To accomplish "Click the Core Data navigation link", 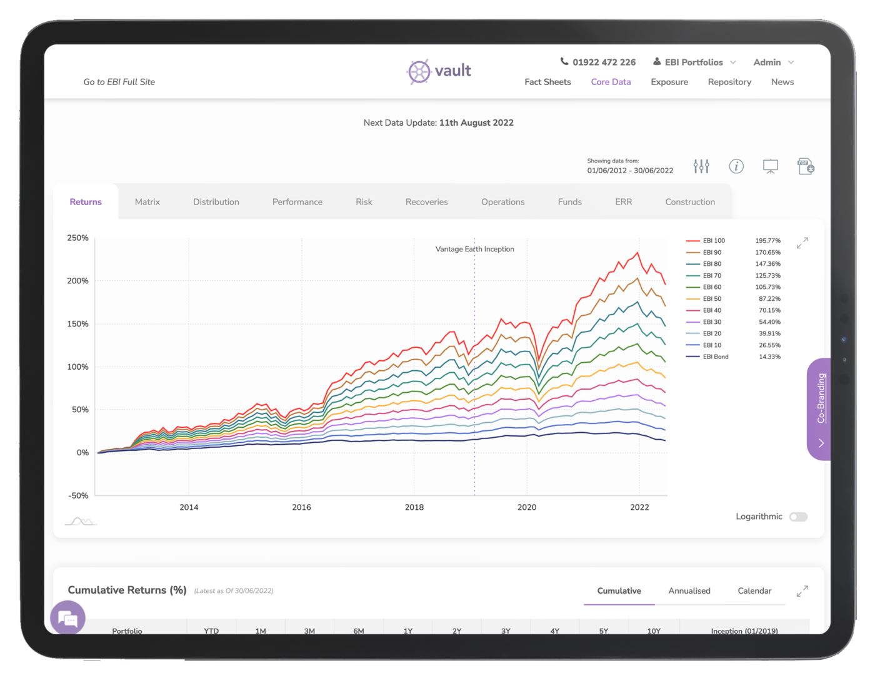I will pos(611,82).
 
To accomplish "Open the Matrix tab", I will pos(147,202).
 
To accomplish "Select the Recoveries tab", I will pos(426,202).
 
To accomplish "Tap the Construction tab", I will pos(690,202).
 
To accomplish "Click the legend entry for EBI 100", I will pos(713,241).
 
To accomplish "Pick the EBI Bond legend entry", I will pos(715,357).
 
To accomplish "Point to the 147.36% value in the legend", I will pos(767,264).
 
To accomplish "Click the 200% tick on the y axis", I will pos(78,281).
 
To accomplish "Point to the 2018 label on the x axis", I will pos(414,507).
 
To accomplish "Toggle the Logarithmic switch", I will pos(798,517).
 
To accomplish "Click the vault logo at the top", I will pos(439,71).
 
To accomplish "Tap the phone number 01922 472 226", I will pos(604,63).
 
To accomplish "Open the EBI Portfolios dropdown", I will pos(694,63).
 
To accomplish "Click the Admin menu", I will pos(773,63).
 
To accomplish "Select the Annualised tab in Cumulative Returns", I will pos(689,591).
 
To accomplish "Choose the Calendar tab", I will pos(754,591).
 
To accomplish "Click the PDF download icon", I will pos(806,166).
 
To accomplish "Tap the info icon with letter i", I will pos(736,166).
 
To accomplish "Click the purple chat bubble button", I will pos(68,618).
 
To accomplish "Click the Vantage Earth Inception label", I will pos(475,249).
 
